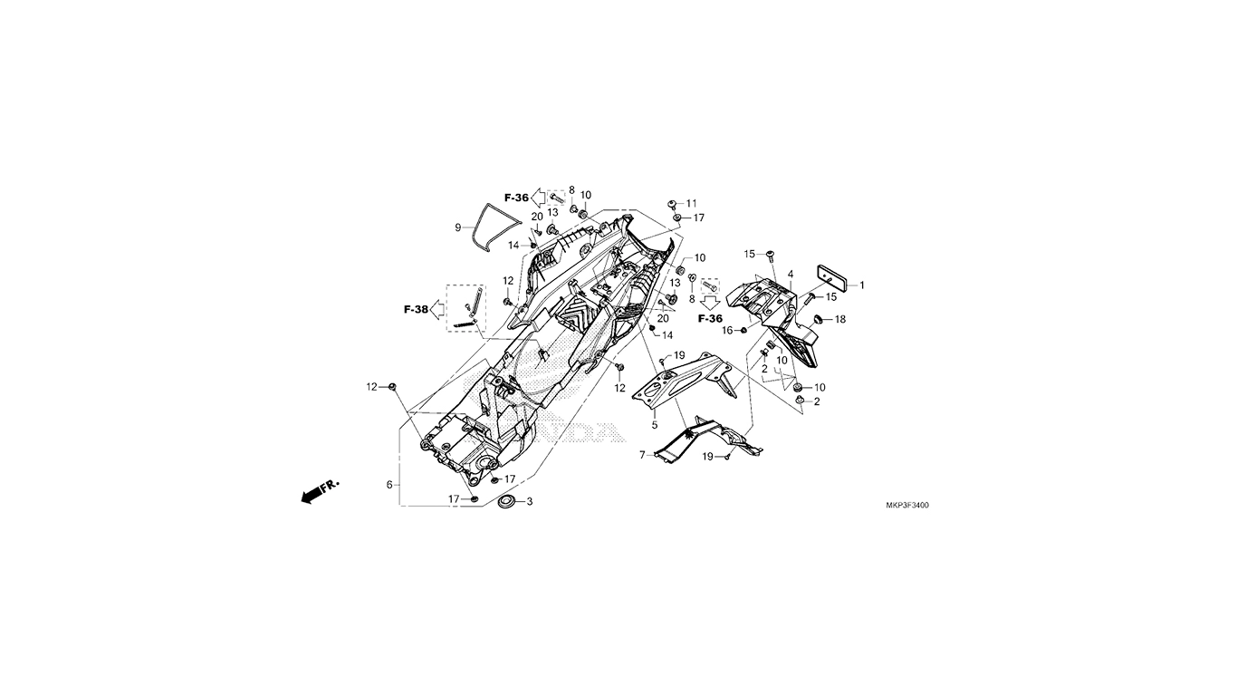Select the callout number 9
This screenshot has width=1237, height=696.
[458, 227]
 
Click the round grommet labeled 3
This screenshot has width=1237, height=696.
[506, 502]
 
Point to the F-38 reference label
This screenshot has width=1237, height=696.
[416, 310]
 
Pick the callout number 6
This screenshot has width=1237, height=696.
[389, 485]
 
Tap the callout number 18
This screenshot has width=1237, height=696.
[840, 319]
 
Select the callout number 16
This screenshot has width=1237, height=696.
[728, 331]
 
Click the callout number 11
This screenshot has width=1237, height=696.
[692, 203]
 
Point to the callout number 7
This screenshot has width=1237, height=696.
[642, 455]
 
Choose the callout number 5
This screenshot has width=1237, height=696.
[655, 425]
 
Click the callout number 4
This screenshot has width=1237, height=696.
[791, 275]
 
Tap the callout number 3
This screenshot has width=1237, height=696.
[530, 502]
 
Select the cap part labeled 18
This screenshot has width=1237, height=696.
[820, 319]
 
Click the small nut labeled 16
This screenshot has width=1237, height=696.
[743, 331]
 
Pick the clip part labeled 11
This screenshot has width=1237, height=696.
[673, 203]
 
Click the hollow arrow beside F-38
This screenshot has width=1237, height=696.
[437, 310]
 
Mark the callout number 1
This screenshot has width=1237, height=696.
[861, 285]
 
